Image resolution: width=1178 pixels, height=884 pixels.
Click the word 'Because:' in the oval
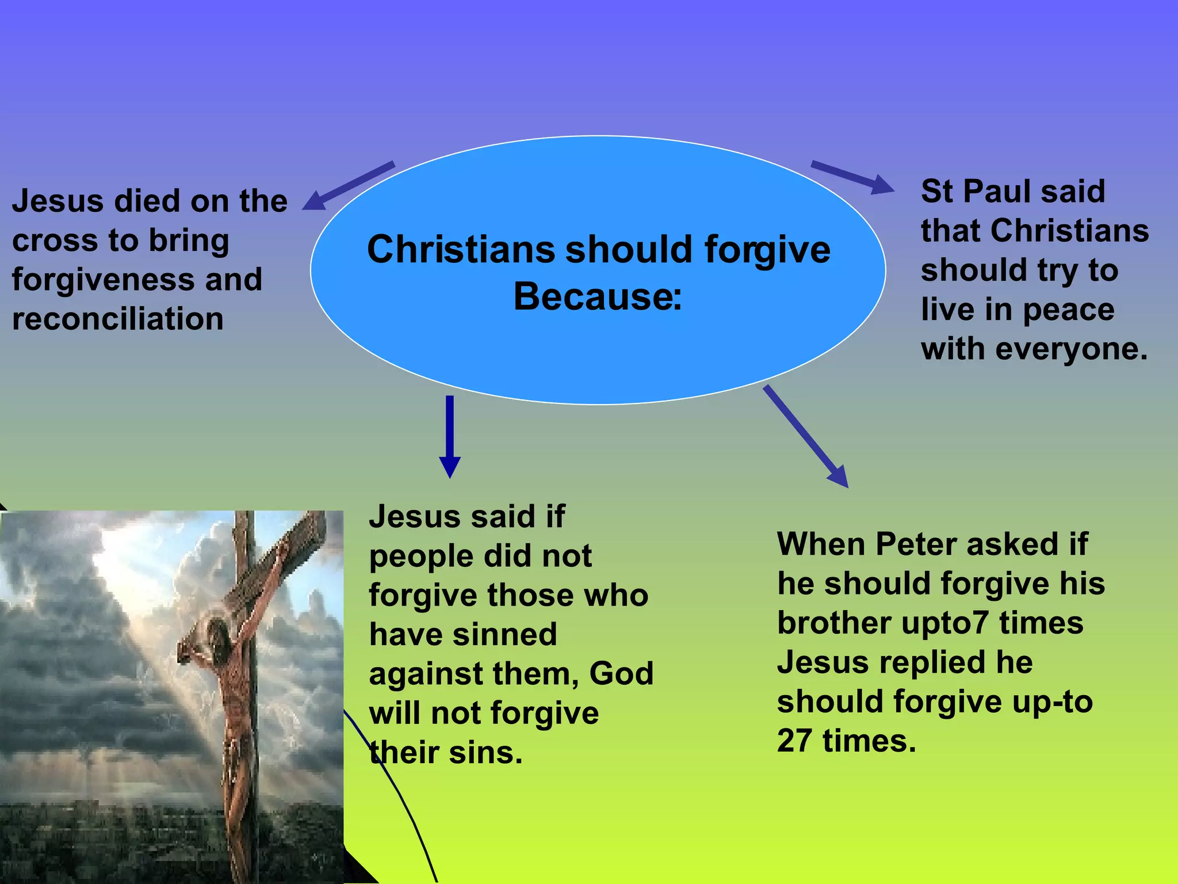point(598,297)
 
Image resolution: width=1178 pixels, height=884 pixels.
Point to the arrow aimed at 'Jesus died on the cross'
point(349,185)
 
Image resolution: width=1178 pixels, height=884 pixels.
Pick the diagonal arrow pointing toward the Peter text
point(805,436)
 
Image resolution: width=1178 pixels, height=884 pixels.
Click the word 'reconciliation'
point(118,319)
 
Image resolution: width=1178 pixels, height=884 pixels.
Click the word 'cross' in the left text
point(55,241)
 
